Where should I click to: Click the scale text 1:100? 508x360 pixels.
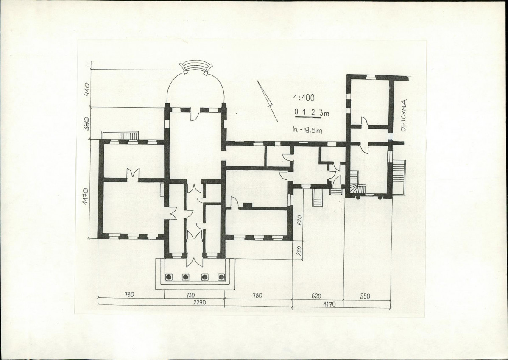pos(303,98)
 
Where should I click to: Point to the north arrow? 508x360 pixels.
pos(268,101)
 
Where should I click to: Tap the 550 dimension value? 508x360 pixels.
pos(365,296)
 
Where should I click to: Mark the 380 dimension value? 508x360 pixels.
pos(87,123)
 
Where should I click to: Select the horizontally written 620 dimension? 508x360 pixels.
pos(316,296)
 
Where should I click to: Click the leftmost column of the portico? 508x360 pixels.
pos(169,277)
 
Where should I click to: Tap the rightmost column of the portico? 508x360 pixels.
pos(221,277)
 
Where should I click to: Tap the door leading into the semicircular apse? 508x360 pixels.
pos(195,115)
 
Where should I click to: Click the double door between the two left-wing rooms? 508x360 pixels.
pos(132,174)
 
